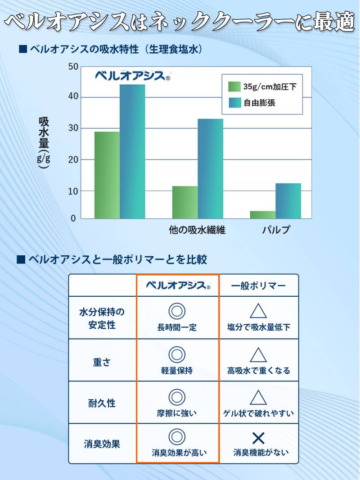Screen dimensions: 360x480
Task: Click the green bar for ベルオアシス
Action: (x=107, y=175)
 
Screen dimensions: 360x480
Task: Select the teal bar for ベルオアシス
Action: (x=132, y=152)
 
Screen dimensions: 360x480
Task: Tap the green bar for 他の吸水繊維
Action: (x=185, y=202)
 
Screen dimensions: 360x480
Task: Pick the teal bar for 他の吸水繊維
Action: (x=211, y=169)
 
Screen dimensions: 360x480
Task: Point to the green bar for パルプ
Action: (x=263, y=215)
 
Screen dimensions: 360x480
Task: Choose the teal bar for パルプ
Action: (x=288, y=201)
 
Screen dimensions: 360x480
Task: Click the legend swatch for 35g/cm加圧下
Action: (x=234, y=86)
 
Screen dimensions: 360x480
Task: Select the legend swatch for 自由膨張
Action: (x=234, y=103)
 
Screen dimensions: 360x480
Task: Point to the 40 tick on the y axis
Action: (x=73, y=97)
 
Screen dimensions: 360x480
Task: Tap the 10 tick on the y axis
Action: (x=73, y=191)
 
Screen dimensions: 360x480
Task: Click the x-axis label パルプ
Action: (x=276, y=230)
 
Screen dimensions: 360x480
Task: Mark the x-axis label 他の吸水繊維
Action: (x=197, y=230)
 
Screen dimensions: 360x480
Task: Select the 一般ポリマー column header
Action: (x=258, y=286)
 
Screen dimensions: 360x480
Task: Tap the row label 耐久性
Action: (x=102, y=403)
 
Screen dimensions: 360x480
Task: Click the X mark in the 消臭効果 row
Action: (x=258, y=438)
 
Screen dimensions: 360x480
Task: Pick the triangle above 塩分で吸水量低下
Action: (x=258, y=311)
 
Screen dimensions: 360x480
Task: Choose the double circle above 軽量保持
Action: (x=177, y=354)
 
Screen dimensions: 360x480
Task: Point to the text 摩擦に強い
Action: (x=177, y=413)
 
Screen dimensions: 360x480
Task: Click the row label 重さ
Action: (x=102, y=362)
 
